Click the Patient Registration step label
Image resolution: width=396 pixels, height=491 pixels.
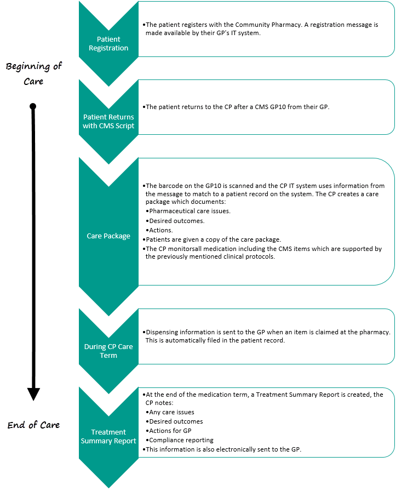click(108, 44)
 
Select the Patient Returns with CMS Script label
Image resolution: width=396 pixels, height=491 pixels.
click(108, 121)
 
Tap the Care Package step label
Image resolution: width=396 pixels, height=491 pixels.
click(108, 236)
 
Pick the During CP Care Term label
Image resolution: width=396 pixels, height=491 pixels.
click(108, 351)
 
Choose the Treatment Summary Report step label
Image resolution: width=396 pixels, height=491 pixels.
click(108, 436)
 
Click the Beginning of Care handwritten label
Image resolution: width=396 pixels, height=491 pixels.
click(34, 73)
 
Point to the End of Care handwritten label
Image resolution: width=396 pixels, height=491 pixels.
click(34, 425)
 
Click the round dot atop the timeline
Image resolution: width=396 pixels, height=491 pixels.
click(33, 106)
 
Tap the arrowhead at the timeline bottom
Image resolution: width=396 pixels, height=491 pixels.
click(34, 393)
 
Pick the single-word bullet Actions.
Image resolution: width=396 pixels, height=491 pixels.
click(162, 230)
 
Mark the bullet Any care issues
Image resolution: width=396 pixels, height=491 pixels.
click(171, 412)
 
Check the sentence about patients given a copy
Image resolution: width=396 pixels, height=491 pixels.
click(214, 239)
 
